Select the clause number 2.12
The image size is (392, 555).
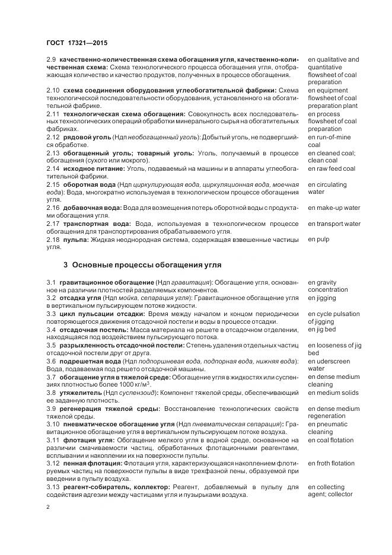point(53,138)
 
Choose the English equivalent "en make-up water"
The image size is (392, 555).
point(334,208)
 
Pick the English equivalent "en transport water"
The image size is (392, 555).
point(334,224)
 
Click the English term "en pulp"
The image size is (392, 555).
point(318,240)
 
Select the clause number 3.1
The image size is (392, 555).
point(51,282)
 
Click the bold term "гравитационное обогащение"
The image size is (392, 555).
point(106,282)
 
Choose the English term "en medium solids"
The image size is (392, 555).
point(333,393)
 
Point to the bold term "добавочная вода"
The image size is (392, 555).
point(91,208)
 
